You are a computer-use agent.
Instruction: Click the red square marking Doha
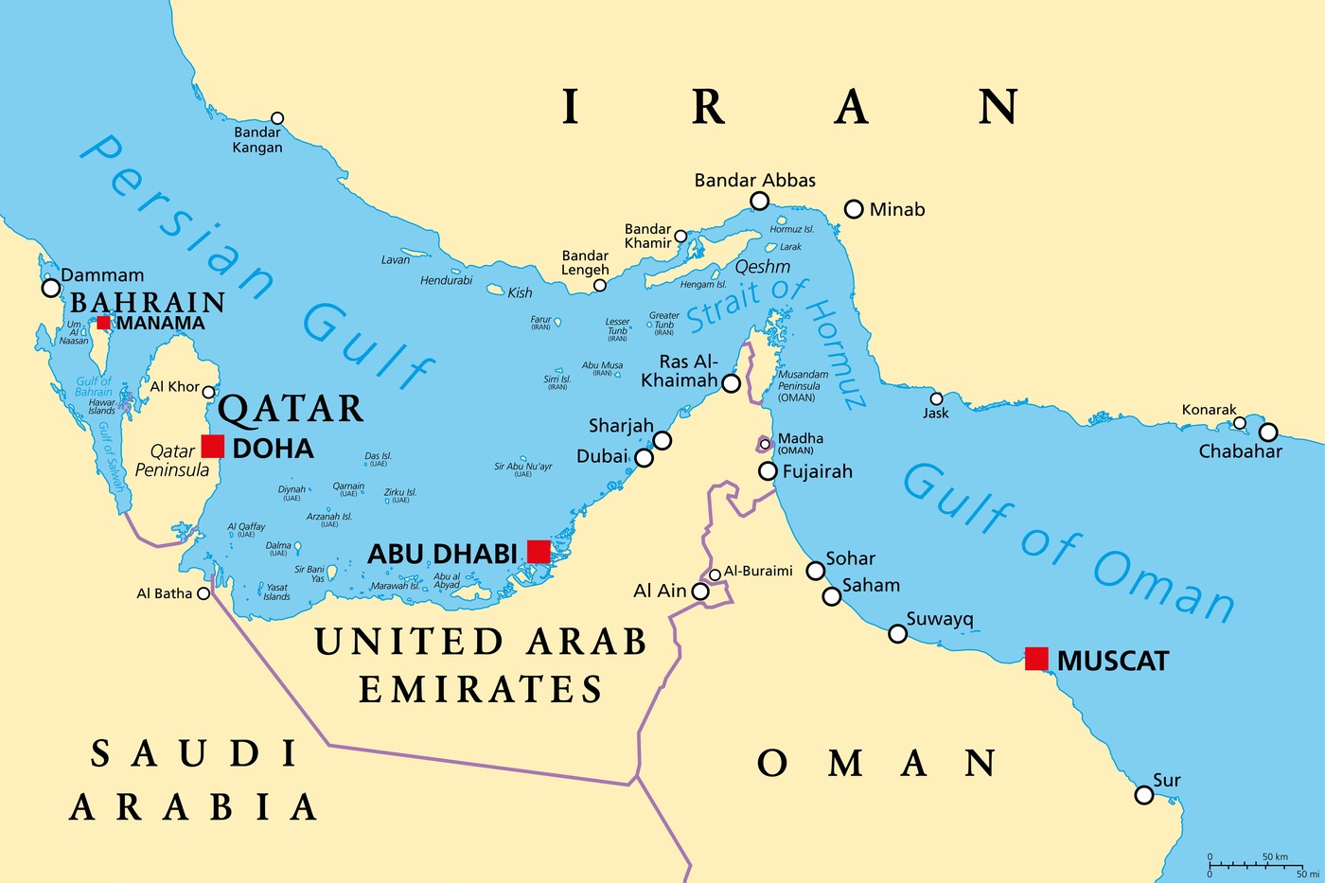pos(213,447)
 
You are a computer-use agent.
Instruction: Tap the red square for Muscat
pos(1036,659)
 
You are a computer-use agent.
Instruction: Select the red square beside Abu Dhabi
pos(539,552)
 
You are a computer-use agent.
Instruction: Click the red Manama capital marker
pos(103,323)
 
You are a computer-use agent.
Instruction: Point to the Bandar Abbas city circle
pos(759,201)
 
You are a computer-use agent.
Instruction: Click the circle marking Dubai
pos(644,458)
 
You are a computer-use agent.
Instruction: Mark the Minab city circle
pos(854,209)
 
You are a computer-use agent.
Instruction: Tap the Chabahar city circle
pos(1268,433)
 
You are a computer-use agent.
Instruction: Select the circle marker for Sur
pos(1144,795)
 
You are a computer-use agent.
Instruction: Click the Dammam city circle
pos(51,288)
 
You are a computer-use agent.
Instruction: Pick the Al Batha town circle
pos(203,593)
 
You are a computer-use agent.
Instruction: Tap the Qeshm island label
pos(762,267)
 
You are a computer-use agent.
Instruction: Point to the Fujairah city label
pos(817,471)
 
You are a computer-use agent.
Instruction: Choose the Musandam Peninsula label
pos(803,385)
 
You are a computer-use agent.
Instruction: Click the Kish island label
pos(520,293)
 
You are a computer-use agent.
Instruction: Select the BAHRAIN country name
pos(148,303)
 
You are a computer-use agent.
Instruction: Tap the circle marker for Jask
pos(936,398)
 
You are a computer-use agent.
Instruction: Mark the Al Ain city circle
pos(700,592)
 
